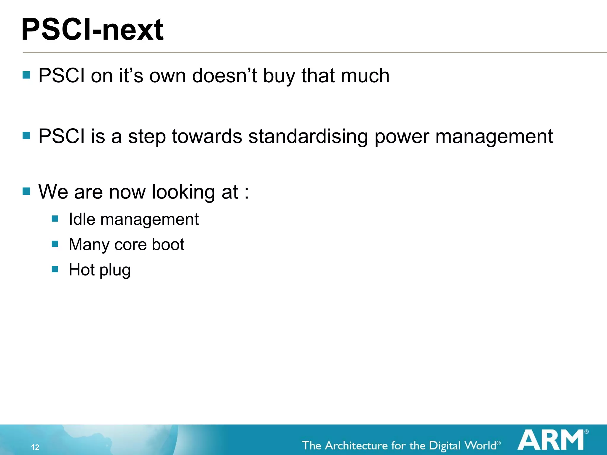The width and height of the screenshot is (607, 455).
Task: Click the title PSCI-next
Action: pyautogui.click(x=92, y=30)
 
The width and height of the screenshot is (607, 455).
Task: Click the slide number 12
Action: pyautogui.click(x=35, y=447)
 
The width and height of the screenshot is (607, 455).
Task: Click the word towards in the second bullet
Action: pyautogui.click(x=207, y=137)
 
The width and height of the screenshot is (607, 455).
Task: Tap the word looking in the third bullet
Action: pyautogui.click(x=183, y=192)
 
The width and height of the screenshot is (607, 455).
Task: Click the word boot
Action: pyautogui.click(x=168, y=245)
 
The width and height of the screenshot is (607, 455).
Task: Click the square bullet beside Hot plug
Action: pyautogui.click(x=55, y=269)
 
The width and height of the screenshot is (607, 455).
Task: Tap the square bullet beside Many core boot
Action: pyautogui.click(x=55, y=244)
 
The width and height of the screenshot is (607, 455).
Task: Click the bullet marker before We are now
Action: pyautogui.click(x=26, y=191)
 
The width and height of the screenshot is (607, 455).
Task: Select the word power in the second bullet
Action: pyautogui.click(x=402, y=137)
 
